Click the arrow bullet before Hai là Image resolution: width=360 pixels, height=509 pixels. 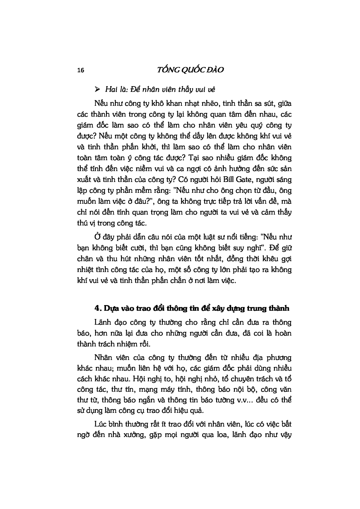click(x=98, y=89)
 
